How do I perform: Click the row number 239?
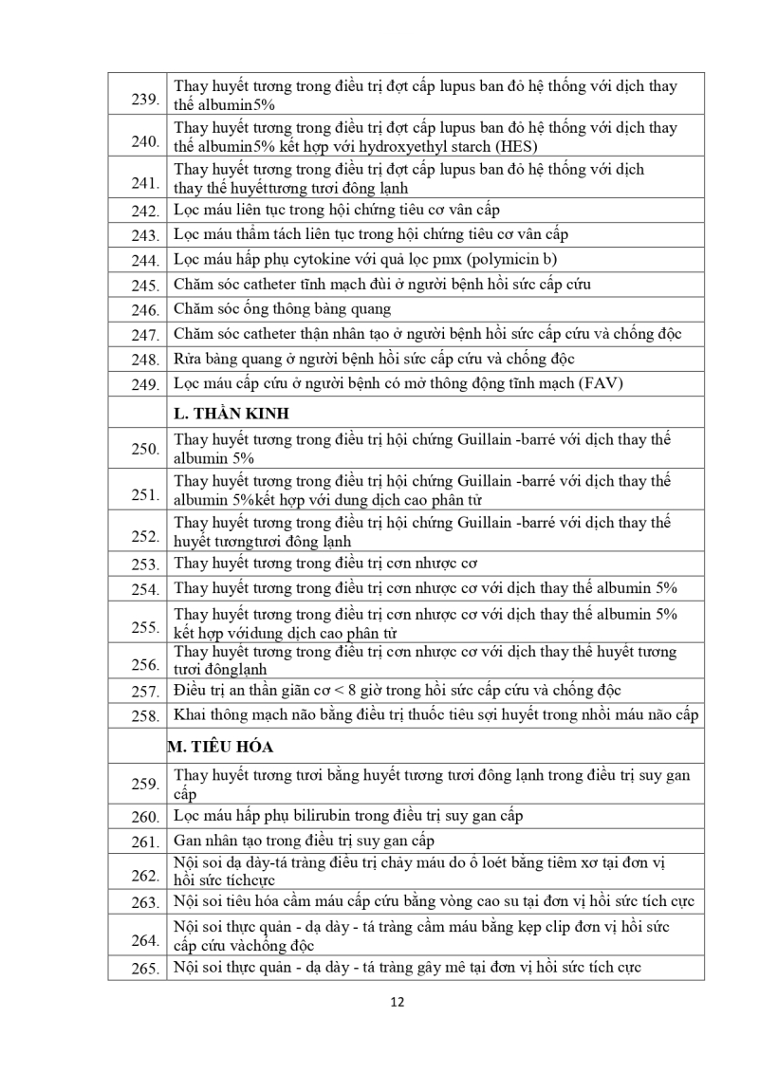[x=145, y=100]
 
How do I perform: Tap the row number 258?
[x=145, y=716]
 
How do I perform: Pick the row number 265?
[x=145, y=969]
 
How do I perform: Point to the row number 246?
[x=145, y=309]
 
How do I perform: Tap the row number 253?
[x=145, y=564]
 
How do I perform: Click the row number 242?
[x=145, y=211]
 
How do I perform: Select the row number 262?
[x=145, y=876]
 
